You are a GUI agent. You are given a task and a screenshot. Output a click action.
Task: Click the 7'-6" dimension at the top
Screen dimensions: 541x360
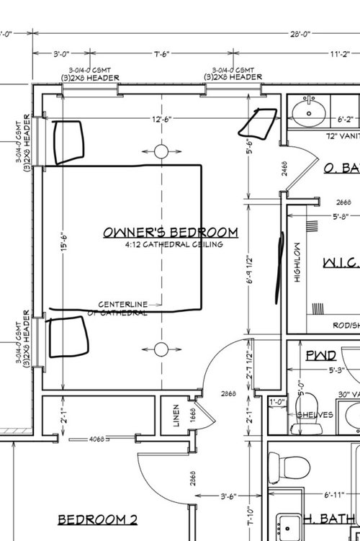pos(161,53)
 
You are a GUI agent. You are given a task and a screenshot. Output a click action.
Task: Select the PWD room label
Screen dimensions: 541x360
pos(320,356)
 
